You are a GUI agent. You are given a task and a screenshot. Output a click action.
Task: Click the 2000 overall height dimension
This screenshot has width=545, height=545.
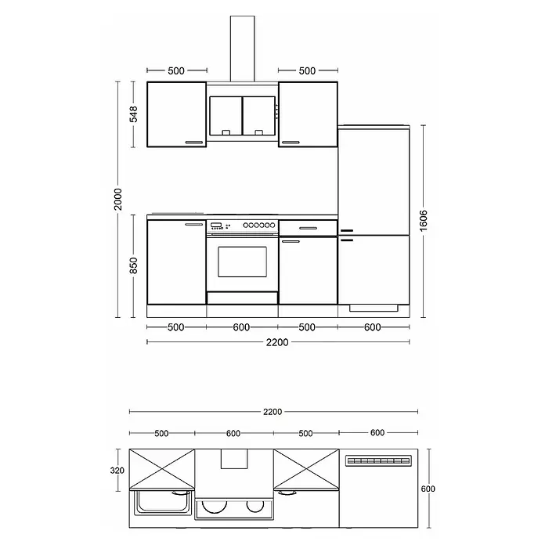point(118,199)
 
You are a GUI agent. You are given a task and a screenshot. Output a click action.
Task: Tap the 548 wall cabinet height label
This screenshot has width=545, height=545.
point(133,114)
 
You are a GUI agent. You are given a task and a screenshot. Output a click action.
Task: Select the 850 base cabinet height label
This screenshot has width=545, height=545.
point(133,265)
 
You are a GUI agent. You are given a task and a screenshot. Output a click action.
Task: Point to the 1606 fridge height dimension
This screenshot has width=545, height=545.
point(424,221)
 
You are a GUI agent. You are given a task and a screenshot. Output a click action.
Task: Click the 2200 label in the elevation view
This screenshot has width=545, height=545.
point(277,342)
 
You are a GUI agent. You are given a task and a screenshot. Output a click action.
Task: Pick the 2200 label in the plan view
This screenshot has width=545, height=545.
point(272,412)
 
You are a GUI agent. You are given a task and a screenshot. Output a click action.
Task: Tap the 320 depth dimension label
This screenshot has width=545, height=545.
point(117,471)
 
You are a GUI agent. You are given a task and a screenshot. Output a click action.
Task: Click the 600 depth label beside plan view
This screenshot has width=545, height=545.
point(428,489)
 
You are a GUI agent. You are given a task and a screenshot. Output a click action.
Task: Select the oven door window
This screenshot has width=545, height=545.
point(242,262)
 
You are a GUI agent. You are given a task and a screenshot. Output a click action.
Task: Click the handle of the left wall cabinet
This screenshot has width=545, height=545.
point(194,143)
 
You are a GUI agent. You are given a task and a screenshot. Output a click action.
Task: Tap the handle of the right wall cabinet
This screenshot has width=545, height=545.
point(291,143)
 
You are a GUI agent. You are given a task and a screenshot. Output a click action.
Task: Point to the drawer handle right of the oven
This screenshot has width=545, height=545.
point(309,229)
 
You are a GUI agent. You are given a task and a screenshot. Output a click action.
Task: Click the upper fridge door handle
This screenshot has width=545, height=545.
point(347,230)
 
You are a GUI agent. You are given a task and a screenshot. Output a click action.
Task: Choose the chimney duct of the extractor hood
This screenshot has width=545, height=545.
point(242,49)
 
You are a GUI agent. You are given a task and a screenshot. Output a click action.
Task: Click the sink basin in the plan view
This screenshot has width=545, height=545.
point(163,502)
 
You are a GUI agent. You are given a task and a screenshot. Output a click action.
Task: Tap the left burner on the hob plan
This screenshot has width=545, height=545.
point(214,507)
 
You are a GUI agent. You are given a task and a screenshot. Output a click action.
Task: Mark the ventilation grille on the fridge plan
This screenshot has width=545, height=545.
point(378,461)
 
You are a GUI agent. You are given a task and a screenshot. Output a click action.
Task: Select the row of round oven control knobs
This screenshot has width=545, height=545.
point(259,226)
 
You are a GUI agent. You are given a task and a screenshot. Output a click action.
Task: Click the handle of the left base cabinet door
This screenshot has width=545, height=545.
point(194,224)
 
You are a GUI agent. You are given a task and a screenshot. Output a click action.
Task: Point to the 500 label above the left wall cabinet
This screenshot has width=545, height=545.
point(176,71)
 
